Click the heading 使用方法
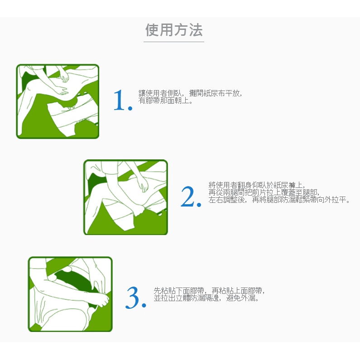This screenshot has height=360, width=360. tap(174, 30)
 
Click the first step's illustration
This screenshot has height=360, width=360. tap(58, 101)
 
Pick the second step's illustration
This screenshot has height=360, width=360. tap(125, 197)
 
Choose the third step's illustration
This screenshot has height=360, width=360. tap(70, 294)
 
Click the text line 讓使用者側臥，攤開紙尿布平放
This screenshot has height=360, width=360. tap(190, 93)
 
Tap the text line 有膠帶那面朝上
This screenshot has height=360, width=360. tap(166, 101)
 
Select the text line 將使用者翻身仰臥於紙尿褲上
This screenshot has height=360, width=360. tap(257, 185)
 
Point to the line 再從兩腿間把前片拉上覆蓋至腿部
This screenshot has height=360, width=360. tap(264, 192)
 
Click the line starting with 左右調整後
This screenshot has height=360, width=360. tap(279, 200)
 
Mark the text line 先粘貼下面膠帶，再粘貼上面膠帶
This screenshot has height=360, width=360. tap(209, 291)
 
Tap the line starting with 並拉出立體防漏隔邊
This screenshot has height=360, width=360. tap(206, 298)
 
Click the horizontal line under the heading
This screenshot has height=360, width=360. tap(174, 42)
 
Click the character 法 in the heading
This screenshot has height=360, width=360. tap(196, 30)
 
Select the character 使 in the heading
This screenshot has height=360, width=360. tap(152, 30)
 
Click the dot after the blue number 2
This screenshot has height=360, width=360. tap(199, 204)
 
